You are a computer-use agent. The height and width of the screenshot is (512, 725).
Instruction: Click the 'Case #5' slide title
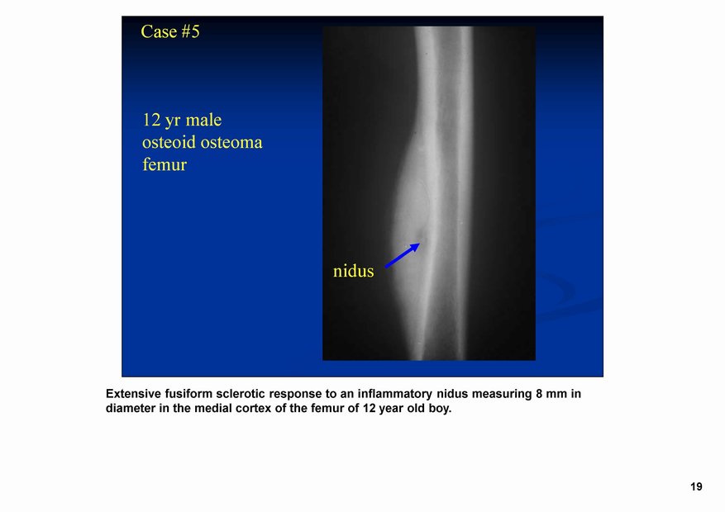pos(170,32)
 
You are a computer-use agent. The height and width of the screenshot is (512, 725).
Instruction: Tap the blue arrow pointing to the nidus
pos(403,255)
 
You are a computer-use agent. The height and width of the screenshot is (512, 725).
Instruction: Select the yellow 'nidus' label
pos(353,271)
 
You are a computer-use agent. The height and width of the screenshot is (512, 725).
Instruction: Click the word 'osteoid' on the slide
pos(169,142)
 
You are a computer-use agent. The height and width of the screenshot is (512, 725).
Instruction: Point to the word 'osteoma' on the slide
pos(231,142)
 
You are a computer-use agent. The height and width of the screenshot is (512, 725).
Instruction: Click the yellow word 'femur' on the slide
pos(165,164)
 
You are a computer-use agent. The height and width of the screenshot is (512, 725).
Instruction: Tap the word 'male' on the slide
pos(203,120)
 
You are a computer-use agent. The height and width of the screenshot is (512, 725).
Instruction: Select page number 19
pos(696,486)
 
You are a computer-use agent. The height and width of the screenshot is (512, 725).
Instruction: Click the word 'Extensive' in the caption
pos(134,394)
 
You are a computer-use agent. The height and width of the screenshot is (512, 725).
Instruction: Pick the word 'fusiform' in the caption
pos(188,394)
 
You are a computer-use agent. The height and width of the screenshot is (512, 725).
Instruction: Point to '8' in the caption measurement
pos(539,394)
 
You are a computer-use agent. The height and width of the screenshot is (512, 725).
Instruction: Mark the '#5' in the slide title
pos(190,32)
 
